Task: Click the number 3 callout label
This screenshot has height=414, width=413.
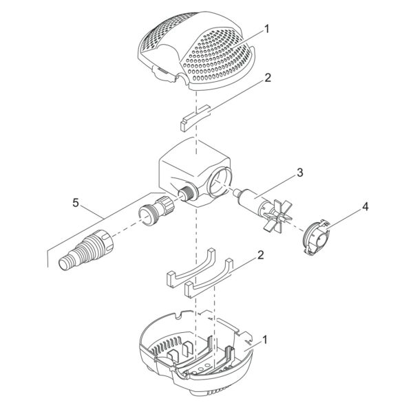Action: pyautogui.click(x=299, y=173)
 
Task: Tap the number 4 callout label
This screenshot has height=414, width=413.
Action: pyautogui.click(x=365, y=207)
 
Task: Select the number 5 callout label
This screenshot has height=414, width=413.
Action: pyautogui.click(x=76, y=203)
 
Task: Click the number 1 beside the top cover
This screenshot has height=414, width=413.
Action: pyautogui.click(x=267, y=29)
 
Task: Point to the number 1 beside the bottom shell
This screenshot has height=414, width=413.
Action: pyautogui.click(x=265, y=340)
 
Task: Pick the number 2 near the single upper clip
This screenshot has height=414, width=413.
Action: pyautogui.click(x=267, y=78)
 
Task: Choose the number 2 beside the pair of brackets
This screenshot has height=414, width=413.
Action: pyautogui.click(x=261, y=255)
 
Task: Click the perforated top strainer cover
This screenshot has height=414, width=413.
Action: pyautogui.click(x=196, y=50)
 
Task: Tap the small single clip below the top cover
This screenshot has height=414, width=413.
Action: pyautogui.click(x=195, y=118)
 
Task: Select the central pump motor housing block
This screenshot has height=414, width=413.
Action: pyautogui.click(x=195, y=173)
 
